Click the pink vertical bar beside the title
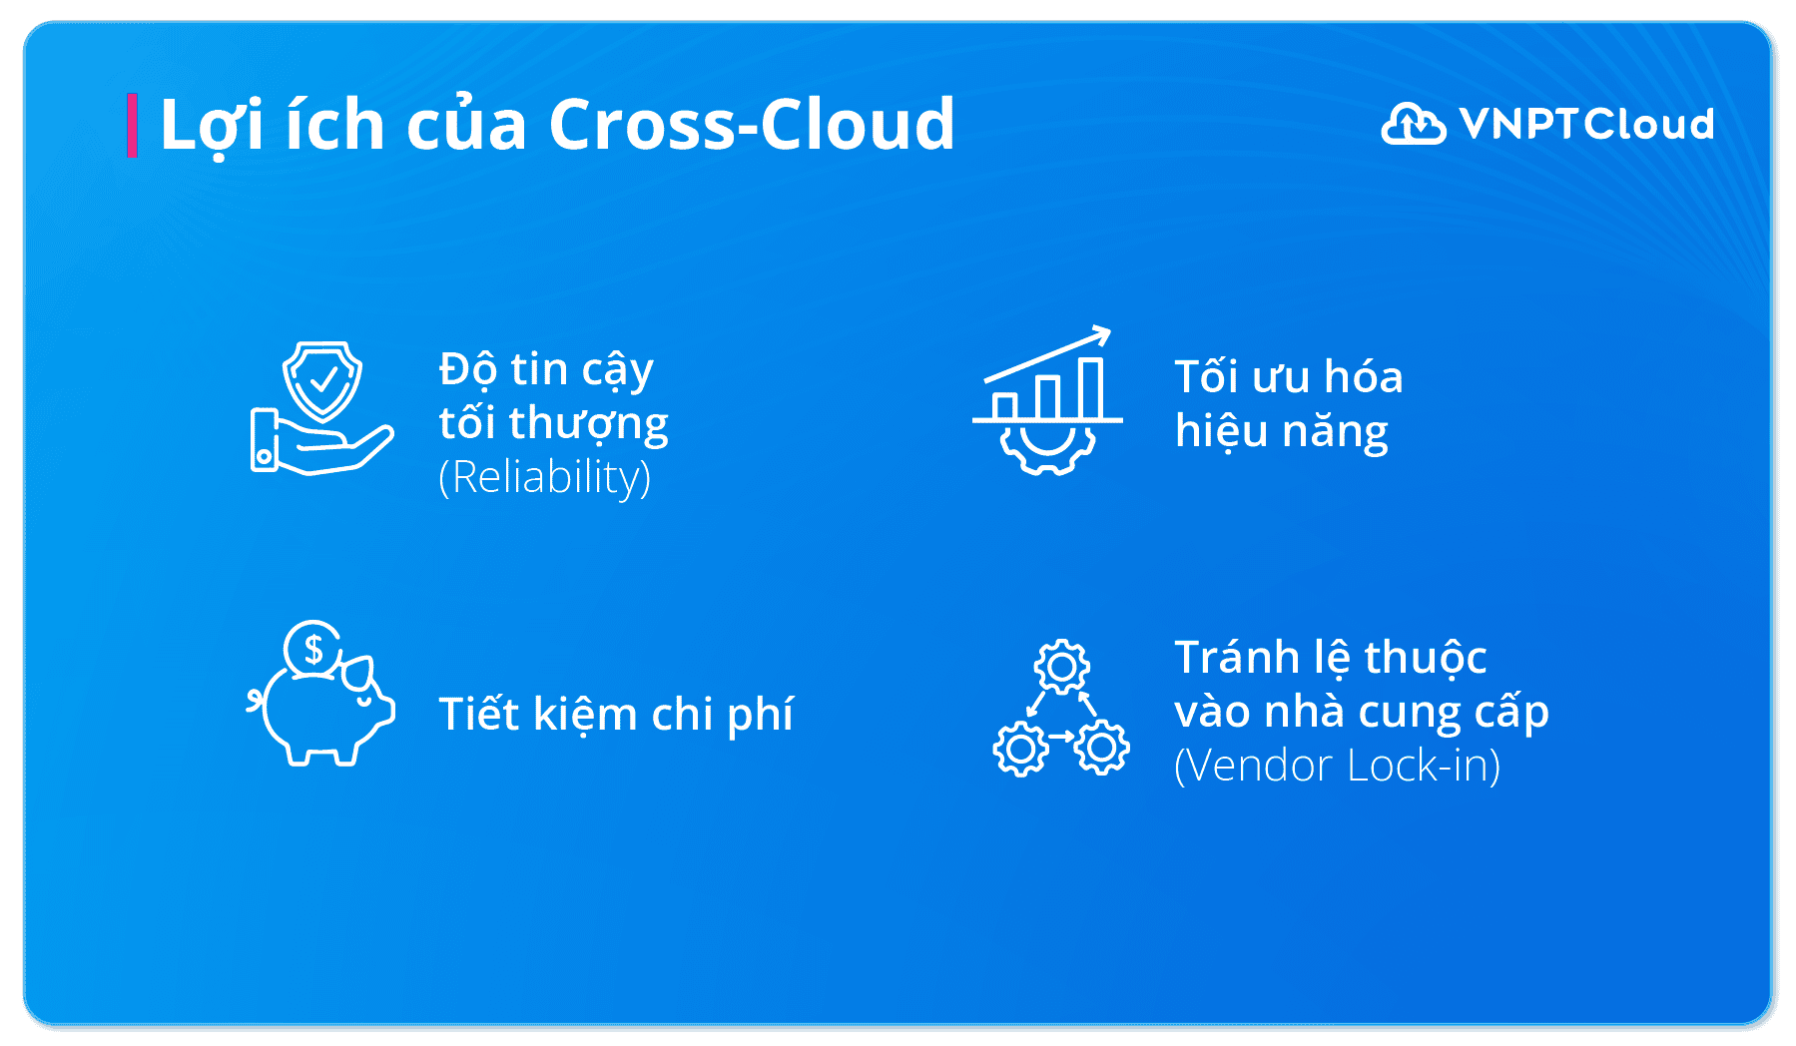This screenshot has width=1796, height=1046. click(132, 126)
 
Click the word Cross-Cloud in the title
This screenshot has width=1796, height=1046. click(751, 126)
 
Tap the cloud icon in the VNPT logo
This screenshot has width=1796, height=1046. click(1413, 124)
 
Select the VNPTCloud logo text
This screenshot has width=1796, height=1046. click(1586, 125)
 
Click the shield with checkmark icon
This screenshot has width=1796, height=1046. click(322, 380)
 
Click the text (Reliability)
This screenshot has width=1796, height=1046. click(545, 477)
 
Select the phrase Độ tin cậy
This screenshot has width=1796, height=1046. click(546, 369)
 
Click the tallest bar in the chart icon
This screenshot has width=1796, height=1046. click(1091, 388)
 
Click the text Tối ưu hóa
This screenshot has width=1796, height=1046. click(1288, 377)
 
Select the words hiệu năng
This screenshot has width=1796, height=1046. click(1281, 431)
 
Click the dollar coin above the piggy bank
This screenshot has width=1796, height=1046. click(313, 649)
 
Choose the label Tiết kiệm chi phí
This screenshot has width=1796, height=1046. click(616, 715)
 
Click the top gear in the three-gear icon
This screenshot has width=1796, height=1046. click(1061, 667)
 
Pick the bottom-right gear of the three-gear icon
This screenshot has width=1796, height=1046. click(1102, 747)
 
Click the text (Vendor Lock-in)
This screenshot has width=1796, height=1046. click(1337, 767)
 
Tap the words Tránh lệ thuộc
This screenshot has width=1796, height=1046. click(1330, 658)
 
